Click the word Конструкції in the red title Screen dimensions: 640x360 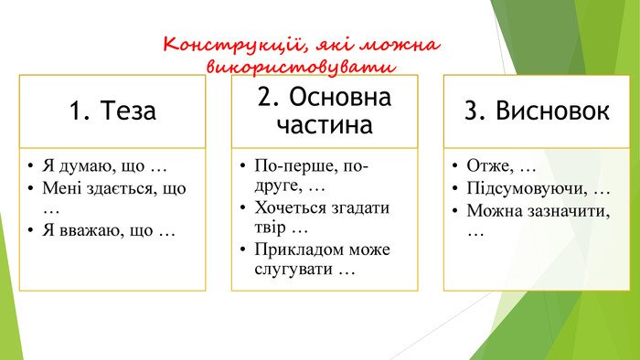(x=233, y=45)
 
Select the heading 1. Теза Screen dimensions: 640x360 (x=112, y=111)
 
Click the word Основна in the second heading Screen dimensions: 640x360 (x=340, y=97)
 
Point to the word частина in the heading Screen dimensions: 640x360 (x=325, y=125)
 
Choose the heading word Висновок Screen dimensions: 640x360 (x=552, y=111)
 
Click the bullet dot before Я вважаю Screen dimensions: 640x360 (x=30, y=230)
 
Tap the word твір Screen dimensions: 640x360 (x=270, y=228)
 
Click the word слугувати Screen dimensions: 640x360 (x=293, y=270)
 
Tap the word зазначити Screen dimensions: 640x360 (x=569, y=211)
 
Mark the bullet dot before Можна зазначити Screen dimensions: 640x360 (x=455, y=210)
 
